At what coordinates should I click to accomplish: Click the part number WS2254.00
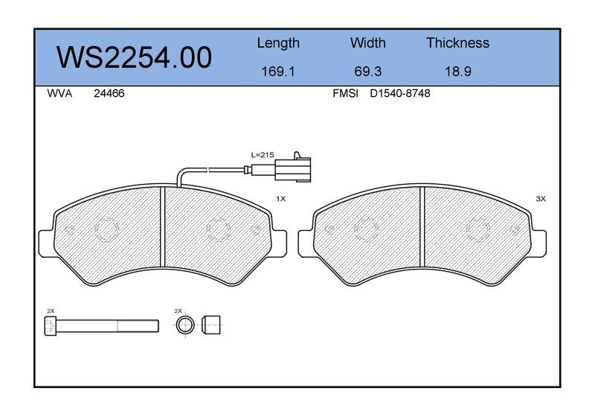(x=134, y=57)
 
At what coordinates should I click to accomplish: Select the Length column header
(x=278, y=43)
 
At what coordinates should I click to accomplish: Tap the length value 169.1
(x=278, y=71)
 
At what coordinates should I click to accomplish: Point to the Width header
(x=367, y=42)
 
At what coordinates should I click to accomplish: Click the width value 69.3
(x=367, y=71)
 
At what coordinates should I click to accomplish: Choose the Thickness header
(x=457, y=42)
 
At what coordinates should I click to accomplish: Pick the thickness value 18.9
(x=458, y=71)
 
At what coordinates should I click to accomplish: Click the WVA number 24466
(x=109, y=94)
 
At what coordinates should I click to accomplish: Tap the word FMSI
(x=345, y=94)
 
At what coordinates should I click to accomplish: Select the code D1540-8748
(x=400, y=94)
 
